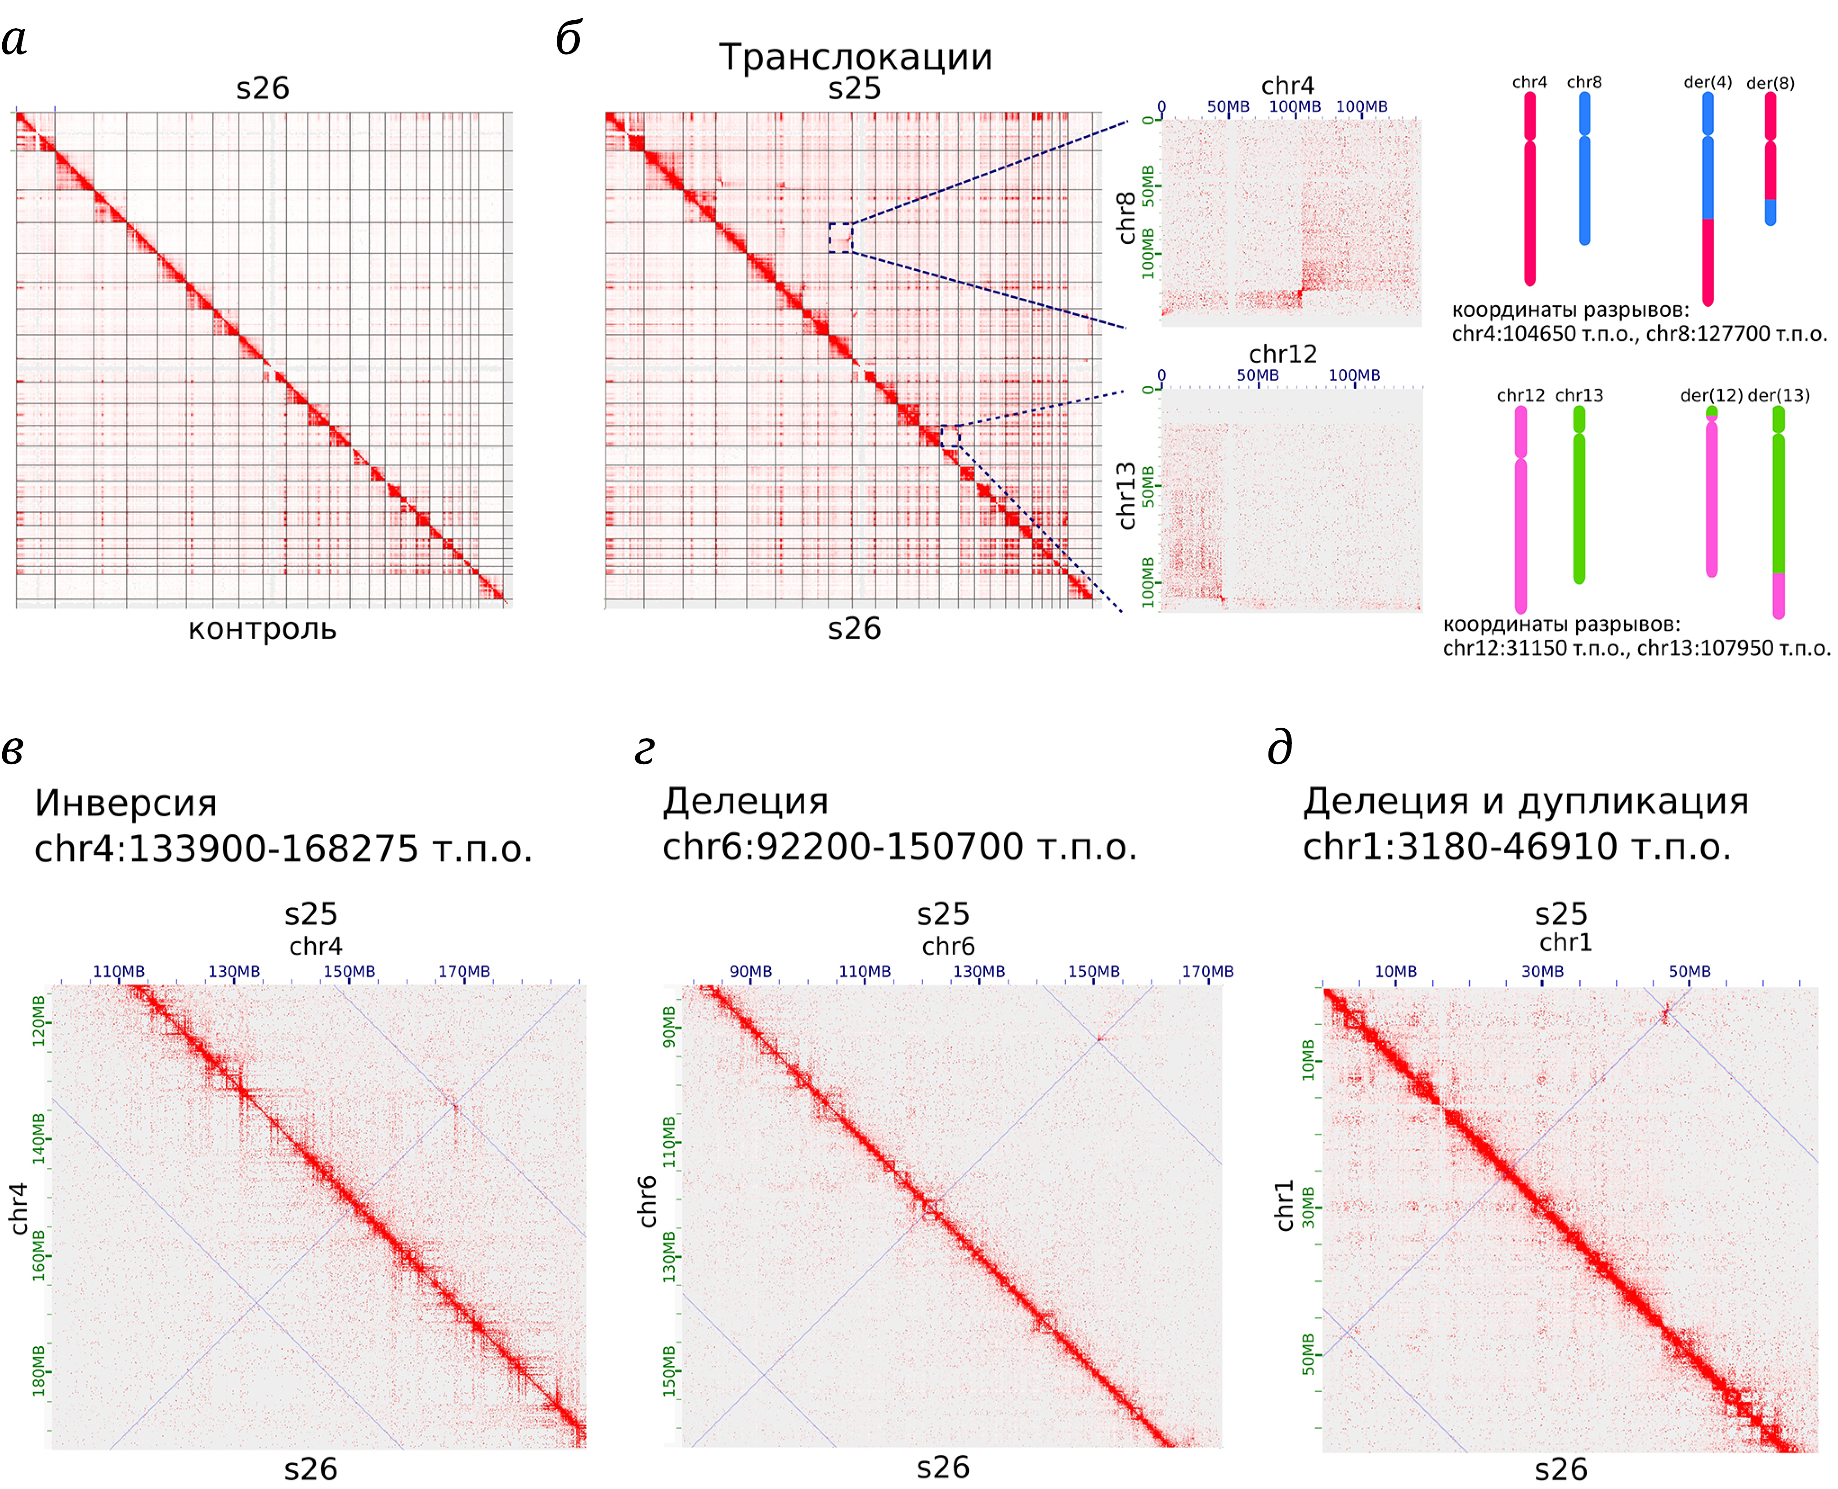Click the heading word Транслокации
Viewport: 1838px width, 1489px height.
point(855,58)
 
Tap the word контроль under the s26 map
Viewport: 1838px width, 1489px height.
point(262,630)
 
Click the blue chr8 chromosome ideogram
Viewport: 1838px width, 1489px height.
point(1584,167)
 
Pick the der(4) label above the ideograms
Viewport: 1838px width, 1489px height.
point(1707,82)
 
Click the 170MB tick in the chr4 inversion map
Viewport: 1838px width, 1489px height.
point(464,972)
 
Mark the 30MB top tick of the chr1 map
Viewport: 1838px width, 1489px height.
point(1542,972)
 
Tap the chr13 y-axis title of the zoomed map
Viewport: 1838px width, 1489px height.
point(1126,496)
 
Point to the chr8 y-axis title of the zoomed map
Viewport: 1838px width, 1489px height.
point(1126,218)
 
